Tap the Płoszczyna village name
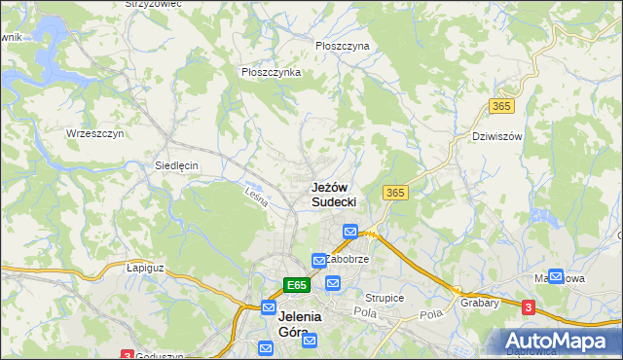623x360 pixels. click(x=343, y=46)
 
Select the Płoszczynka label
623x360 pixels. click(x=271, y=72)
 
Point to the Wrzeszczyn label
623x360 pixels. click(x=94, y=132)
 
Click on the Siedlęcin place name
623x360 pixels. click(x=176, y=165)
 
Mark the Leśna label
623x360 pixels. click(x=256, y=195)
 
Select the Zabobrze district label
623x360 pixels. click(x=348, y=260)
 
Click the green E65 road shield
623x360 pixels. click(x=297, y=285)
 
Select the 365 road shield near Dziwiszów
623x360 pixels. click(x=501, y=105)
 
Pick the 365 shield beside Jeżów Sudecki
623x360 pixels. click(x=395, y=193)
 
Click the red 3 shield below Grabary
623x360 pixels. click(x=528, y=307)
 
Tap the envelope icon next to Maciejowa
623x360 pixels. click(x=556, y=276)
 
